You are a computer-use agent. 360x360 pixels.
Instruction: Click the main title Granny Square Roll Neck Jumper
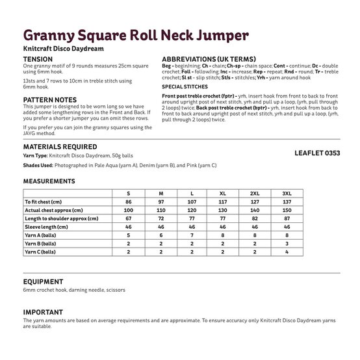point(135,34)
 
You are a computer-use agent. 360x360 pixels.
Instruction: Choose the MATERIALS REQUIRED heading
point(60,148)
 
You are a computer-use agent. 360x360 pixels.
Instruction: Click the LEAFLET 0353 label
point(317,153)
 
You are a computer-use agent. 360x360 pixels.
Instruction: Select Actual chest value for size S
point(128,211)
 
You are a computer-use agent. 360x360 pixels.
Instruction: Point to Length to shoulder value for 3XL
point(287,218)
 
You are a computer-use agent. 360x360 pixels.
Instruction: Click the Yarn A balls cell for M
point(160,235)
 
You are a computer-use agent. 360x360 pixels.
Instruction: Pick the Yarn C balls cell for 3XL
point(287,251)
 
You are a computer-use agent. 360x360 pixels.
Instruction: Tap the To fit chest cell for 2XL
point(255,202)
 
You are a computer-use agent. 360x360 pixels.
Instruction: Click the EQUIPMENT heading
point(44,281)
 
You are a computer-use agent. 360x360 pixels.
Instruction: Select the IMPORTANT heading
point(43,312)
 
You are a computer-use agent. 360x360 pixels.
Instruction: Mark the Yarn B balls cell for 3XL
point(287,243)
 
